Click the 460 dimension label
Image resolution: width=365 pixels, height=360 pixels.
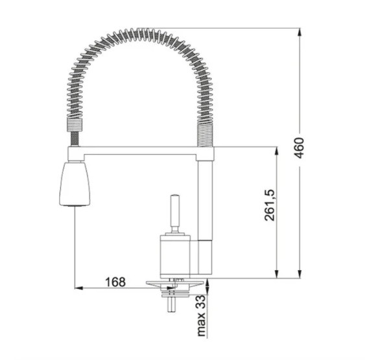(x=299, y=148)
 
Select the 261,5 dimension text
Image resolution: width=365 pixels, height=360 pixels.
(x=270, y=205)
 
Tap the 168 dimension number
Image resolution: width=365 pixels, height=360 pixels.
(x=115, y=282)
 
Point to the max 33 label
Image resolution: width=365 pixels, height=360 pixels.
(x=202, y=315)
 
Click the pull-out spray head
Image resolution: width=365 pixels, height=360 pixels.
(x=75, y=184)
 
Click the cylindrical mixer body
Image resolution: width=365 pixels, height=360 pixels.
(x=175, y=256)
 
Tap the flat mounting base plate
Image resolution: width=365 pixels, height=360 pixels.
(x=175, y=283)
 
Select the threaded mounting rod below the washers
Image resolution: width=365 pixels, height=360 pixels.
(x=172, y=304)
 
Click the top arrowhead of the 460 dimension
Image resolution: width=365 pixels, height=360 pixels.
(x=300, y=32)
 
